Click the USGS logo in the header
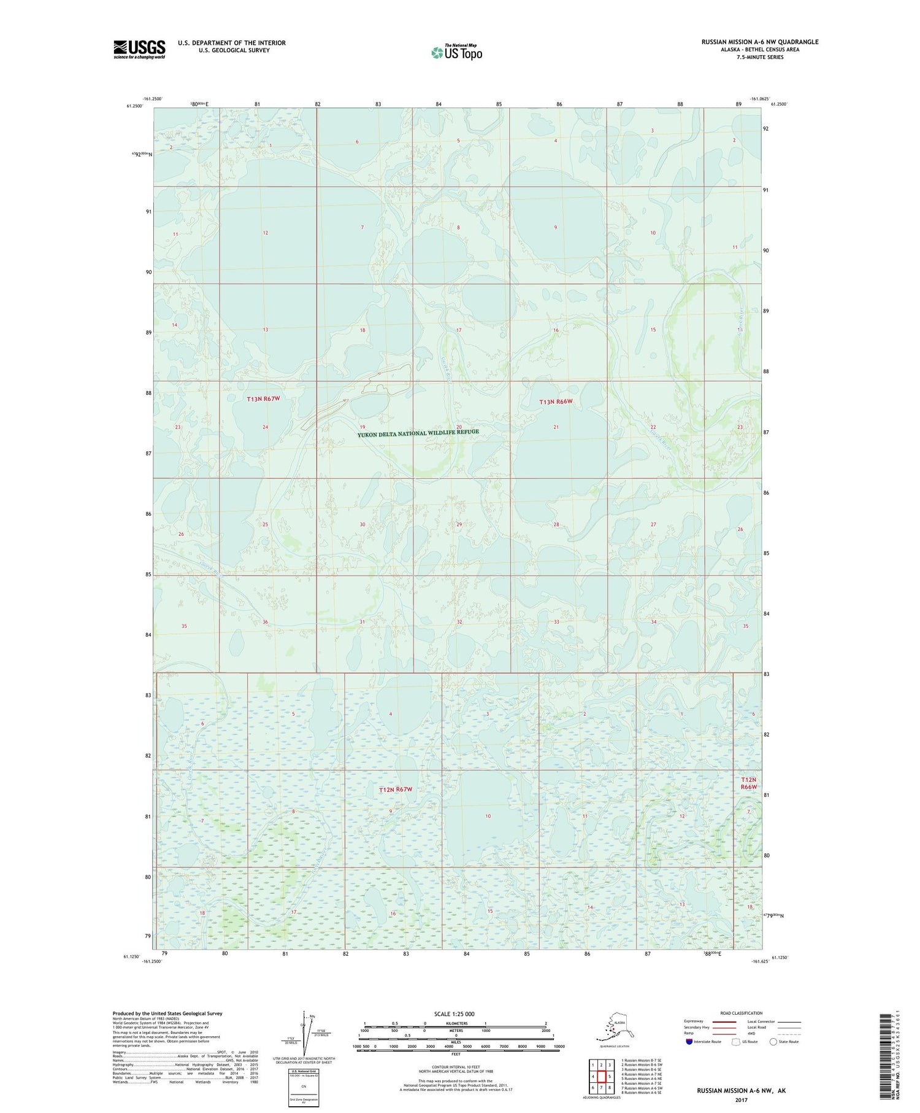139,49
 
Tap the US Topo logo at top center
456,52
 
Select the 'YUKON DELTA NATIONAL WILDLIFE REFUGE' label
418,433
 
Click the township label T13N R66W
556,402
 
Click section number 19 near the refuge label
362,427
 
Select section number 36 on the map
265,622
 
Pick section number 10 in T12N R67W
488,816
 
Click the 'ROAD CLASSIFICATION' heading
741,1013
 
